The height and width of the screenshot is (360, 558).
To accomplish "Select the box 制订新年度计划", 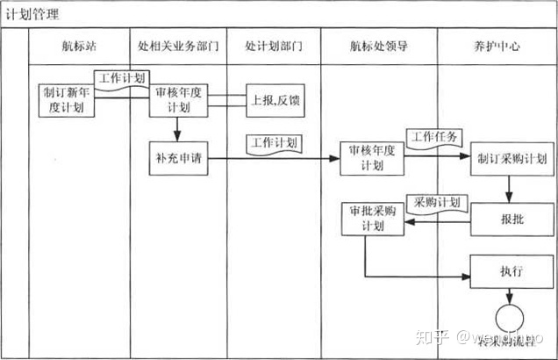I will click(x=67, y=98).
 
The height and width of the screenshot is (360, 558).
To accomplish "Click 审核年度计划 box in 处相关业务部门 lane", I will click(x=179, y=98).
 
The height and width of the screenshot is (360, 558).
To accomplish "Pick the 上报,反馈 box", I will click(x=275, y=99).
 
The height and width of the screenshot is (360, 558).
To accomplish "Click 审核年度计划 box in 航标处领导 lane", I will click(x=371, y=159).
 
